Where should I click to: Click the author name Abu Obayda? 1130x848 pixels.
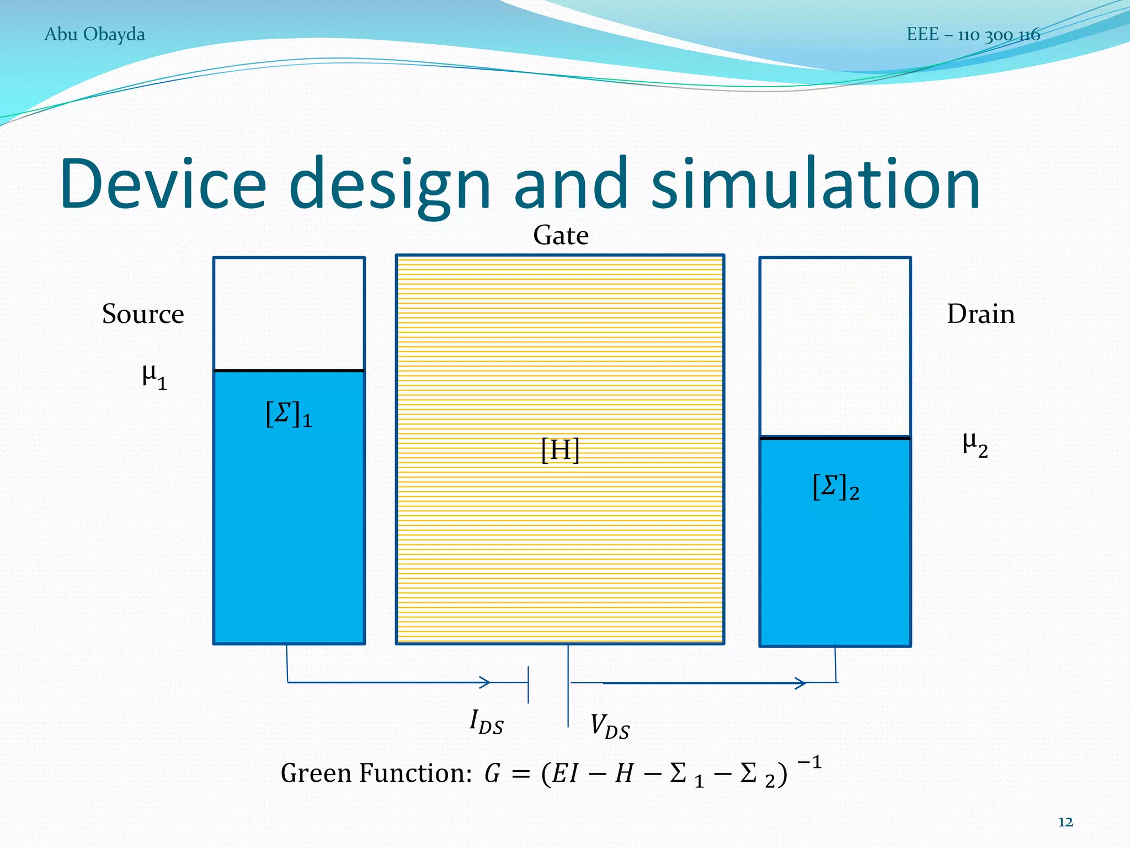click(94, 34)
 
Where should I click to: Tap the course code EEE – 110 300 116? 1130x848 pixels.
click(973, 35)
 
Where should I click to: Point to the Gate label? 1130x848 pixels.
click(561, 235)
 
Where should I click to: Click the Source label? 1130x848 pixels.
click(143, 314)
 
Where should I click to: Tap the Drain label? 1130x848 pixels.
click(980, 314)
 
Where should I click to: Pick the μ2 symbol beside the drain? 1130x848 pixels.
click(974, 444)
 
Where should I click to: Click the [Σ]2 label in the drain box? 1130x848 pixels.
click(835, 487)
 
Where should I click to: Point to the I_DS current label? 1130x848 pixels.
click(486, 722)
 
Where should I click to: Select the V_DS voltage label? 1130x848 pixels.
click(609, 727)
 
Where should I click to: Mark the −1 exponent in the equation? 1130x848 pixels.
click(809, 763)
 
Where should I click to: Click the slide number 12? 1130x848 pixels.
click(1065, 822)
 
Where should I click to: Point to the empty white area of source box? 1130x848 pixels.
click(289, 313)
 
